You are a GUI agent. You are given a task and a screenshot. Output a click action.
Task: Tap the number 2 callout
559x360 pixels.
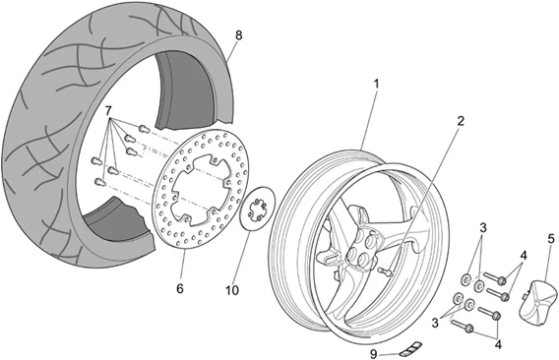459,122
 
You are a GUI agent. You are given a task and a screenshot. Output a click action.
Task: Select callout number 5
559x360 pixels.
549,238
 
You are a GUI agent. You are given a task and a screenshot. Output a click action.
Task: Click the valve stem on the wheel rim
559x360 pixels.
385,270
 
